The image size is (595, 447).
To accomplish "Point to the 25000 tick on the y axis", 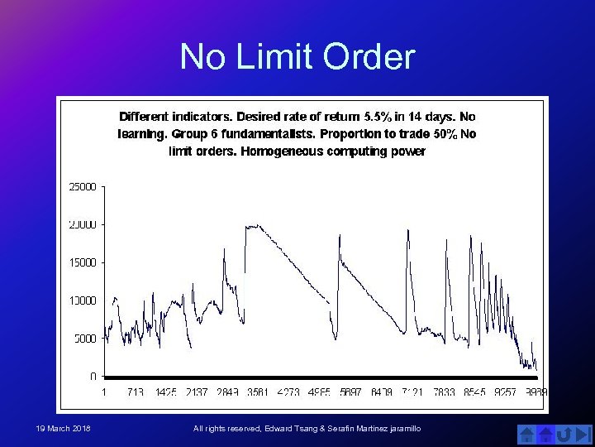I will [82, 187].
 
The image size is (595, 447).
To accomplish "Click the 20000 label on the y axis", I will [82, 224].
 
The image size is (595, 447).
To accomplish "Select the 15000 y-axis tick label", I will [82, 262].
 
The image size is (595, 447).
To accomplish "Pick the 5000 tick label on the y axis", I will [84, 338].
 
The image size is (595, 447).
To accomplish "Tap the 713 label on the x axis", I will [136, 392].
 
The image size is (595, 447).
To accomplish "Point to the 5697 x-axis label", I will [350, 392].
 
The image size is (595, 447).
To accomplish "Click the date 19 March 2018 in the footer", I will [63, 428].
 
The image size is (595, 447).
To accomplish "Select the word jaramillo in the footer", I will [401, 428].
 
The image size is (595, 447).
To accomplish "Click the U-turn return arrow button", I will [565, 434].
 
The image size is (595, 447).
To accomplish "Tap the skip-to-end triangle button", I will [583, 434].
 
